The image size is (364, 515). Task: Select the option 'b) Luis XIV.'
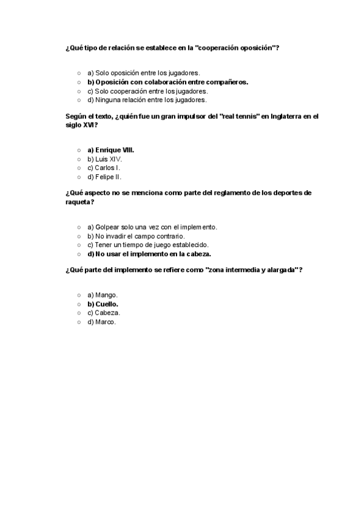pos(104,159)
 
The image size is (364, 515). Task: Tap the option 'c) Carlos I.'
pos(104,168)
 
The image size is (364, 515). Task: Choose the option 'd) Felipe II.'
pos(104,177)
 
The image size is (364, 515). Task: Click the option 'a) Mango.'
pos(103,295)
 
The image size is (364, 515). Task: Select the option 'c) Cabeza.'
pos(104,313)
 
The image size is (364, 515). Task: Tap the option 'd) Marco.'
pos(101,322)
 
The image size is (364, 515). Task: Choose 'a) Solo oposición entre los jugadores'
pos(143,72)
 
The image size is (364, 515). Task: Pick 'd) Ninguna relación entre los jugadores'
pos(147,100)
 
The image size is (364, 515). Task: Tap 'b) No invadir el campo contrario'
pos(136,236)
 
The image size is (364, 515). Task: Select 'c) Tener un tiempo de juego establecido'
pos(148,245)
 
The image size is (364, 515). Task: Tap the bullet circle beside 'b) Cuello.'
pos(79,304)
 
